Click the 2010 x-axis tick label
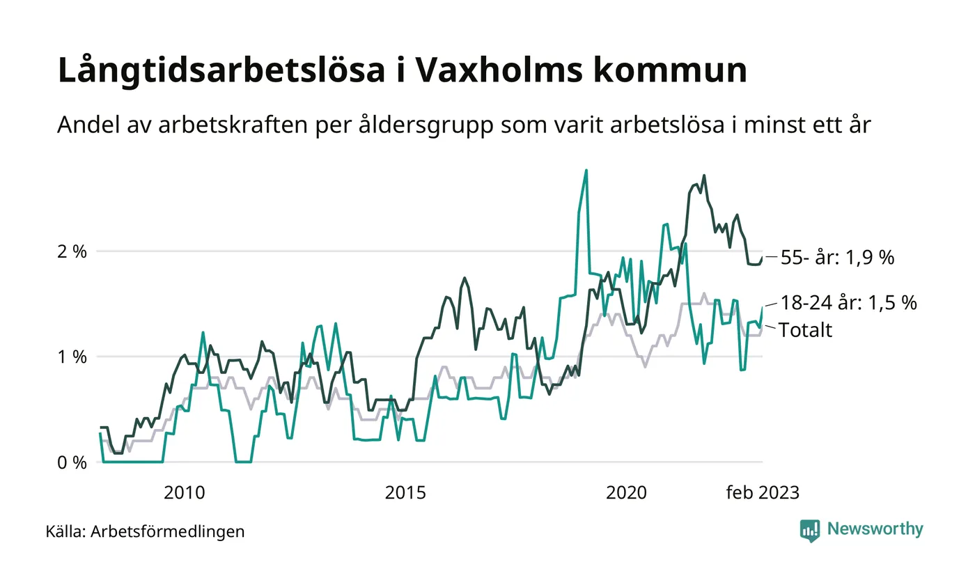click(x=184, y=493)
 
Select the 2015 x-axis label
click(x=405, y=493)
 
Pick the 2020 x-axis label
click(x=626, y=493)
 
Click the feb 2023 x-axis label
click(x=763, y=493)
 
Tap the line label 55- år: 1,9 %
click(x=836, y=258)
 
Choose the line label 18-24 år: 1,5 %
click(x=848, y=303)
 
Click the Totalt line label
click(x=805, y=329)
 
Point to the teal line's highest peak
click(x=586, y=171)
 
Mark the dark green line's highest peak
click(x=704, y=175)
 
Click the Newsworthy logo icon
click(x=810, y=530)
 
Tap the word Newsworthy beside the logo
click(x=875, y=529)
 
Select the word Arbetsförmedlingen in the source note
click(x=168, y=532)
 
